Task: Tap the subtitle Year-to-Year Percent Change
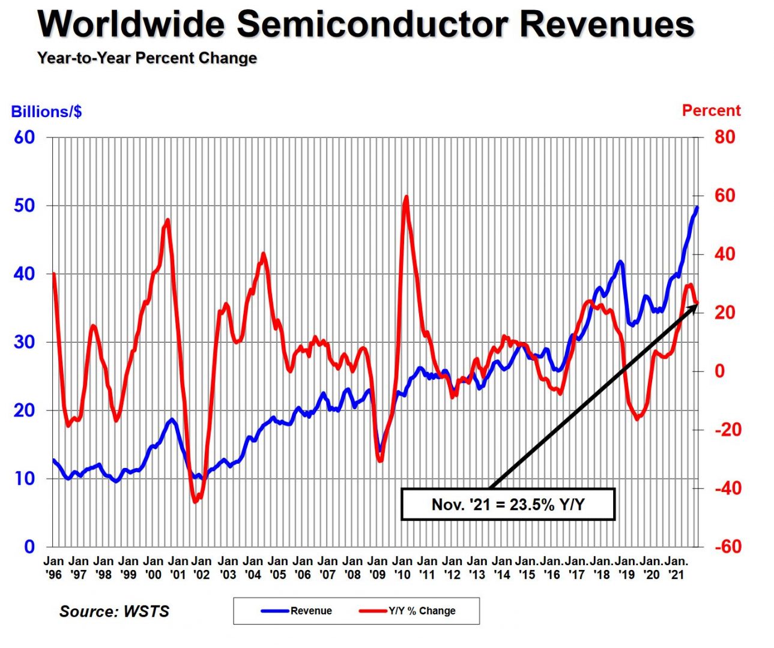[x=147, y=58]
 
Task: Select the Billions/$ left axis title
[x=46, y=112]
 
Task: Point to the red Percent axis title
[x=711, y=110]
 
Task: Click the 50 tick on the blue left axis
[x=24, y=205]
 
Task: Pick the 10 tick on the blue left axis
[x=24, y=478]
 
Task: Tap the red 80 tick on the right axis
[x=725, y=137]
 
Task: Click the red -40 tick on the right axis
[x=727, y=488]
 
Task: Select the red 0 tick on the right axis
[x=719, y=371]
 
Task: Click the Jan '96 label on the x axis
[x=53, y=568]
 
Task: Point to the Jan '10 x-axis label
[x=402, y=568]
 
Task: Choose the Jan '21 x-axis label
[x=676, y=568]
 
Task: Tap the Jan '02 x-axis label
[x=202, y=568]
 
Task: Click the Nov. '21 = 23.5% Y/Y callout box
[x=508, y=504]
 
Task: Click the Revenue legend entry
[x=297, y=611]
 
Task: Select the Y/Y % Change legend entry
[x=408, y=611]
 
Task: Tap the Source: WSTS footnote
[x=114, y=611]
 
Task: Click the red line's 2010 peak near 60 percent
[x=407, y=197]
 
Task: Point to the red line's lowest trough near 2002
[x=195, y=501]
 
